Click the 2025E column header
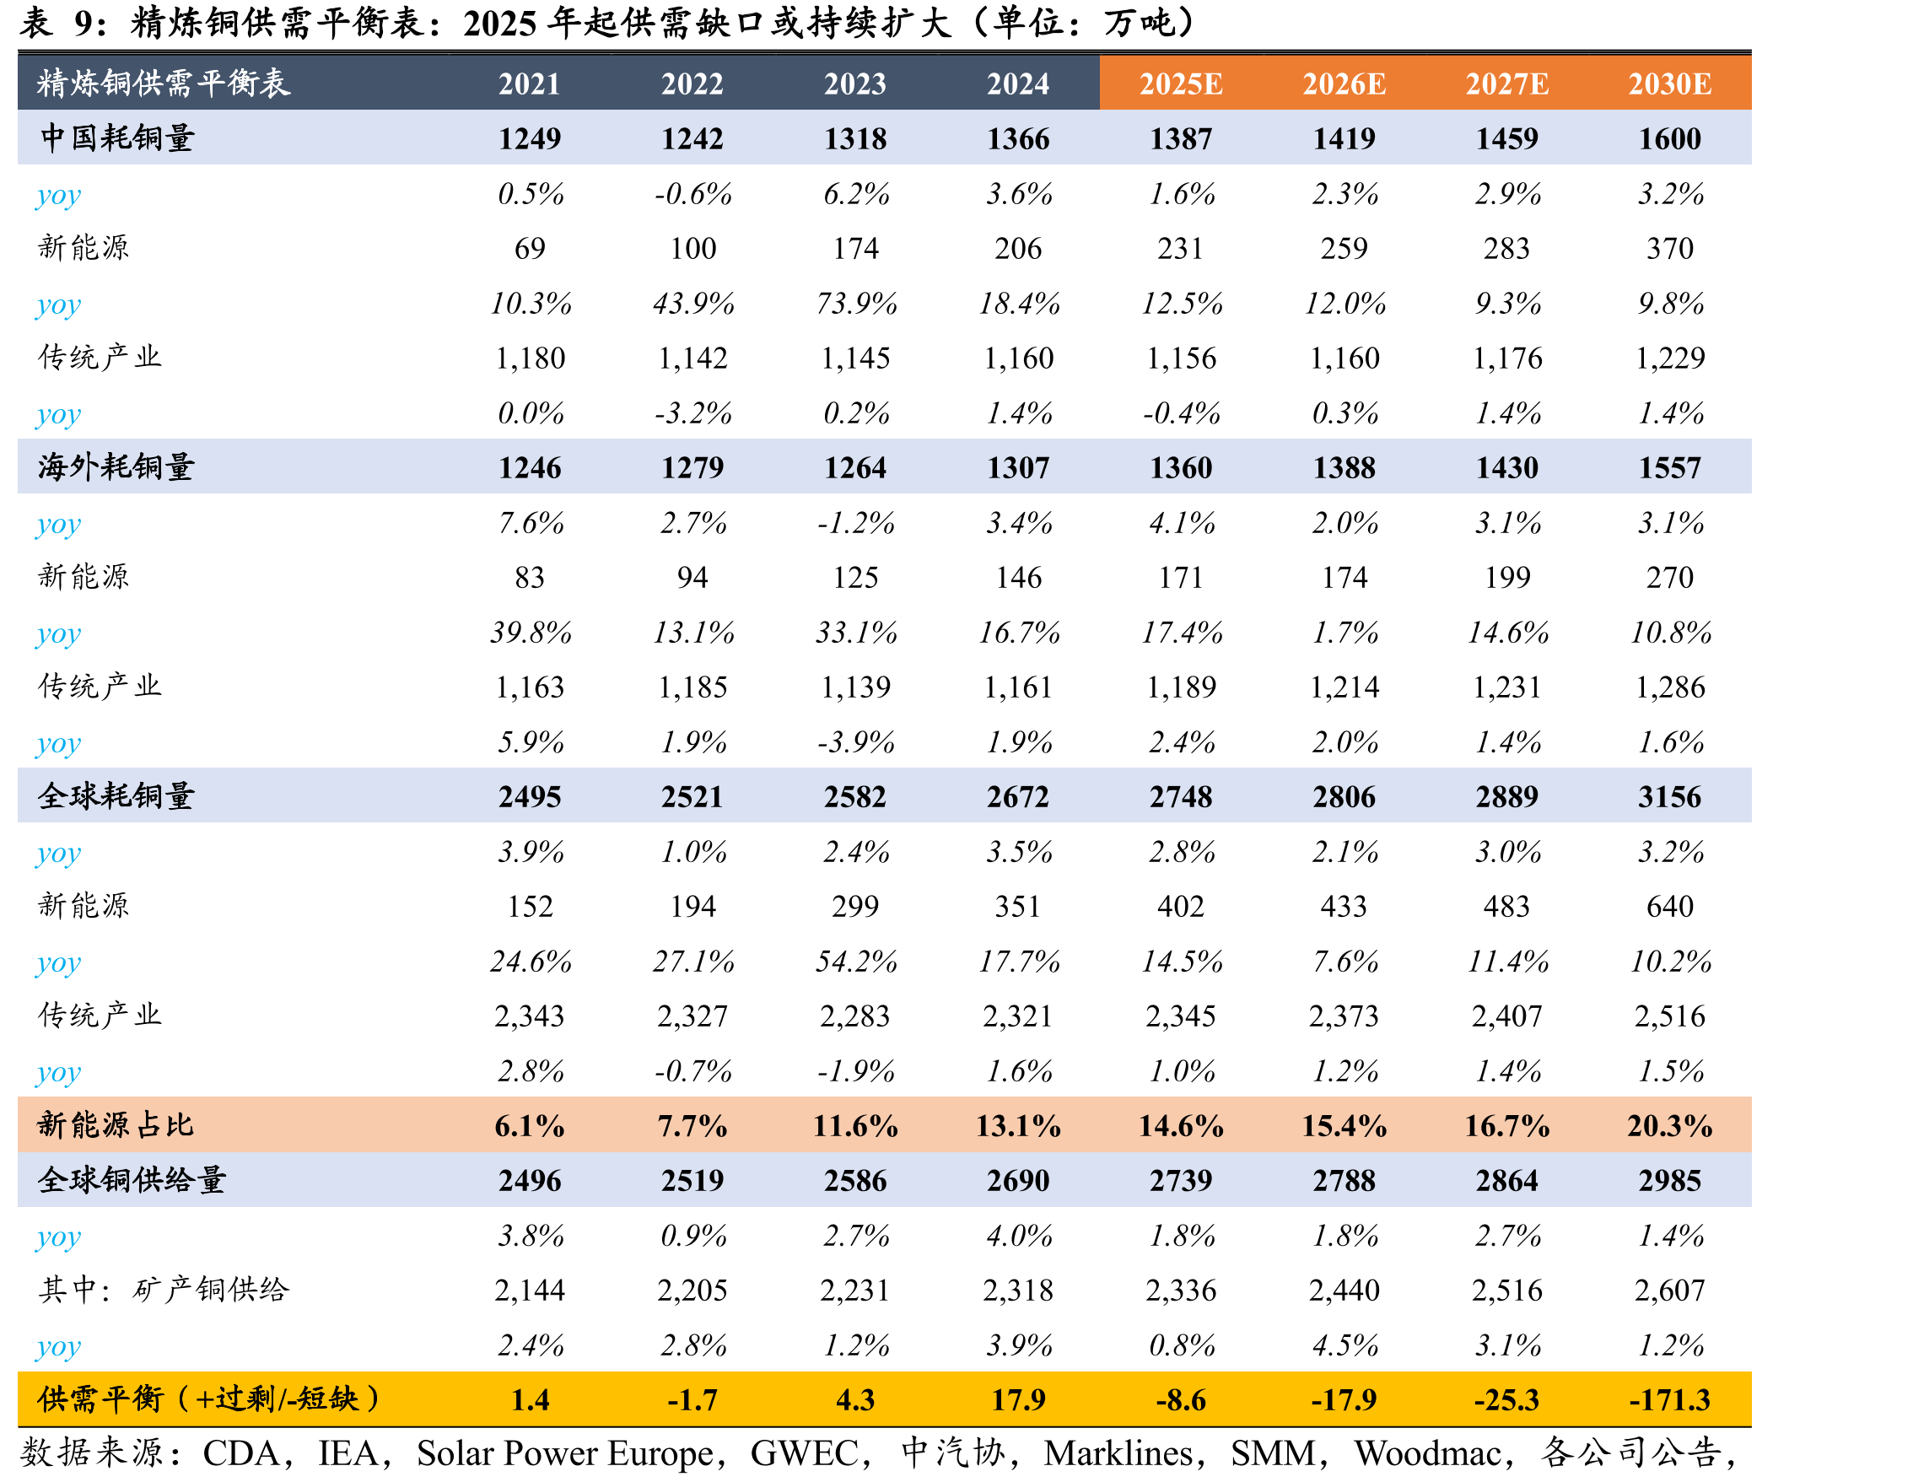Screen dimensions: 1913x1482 click(1180, 84)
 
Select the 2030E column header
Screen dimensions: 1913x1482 click(1669, 84)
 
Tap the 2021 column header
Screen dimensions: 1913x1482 click(529, 84)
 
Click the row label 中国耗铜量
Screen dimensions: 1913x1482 click(116, 138)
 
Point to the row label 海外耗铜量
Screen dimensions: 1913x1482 click(116, 466)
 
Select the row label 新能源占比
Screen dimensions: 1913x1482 click(116, 1124)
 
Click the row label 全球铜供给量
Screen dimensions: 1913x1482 click(132, 1180)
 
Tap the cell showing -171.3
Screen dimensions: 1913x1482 click(1669, 1399)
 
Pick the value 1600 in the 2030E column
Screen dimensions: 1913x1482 click(1669, 138)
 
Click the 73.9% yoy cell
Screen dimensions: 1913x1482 click(856, 303)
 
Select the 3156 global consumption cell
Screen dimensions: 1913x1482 click(1669, 796)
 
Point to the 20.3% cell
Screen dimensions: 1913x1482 click(1669, 1125)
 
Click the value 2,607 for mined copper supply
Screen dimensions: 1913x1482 click(1669, 1290)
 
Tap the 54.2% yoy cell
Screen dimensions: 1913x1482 click(856, 961)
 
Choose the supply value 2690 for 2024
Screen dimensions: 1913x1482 click(1018, 1181)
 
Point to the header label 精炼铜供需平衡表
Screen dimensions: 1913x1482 click(163, 84)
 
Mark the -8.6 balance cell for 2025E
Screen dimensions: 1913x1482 click(1180, 1399)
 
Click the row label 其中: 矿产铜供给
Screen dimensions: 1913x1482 click(164, 1290)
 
